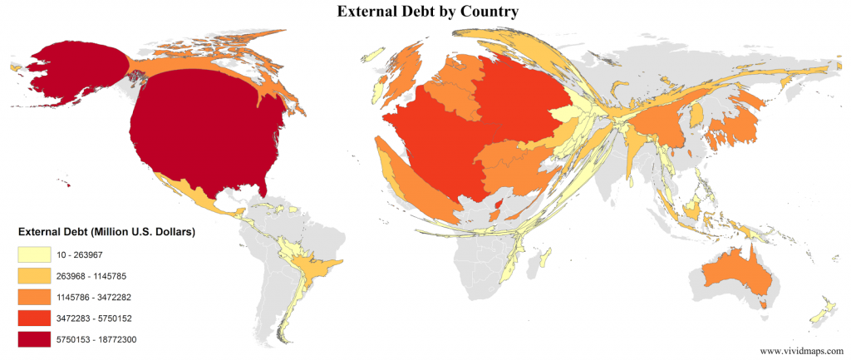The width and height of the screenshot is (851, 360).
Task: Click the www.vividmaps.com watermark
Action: tap(799, 351)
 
